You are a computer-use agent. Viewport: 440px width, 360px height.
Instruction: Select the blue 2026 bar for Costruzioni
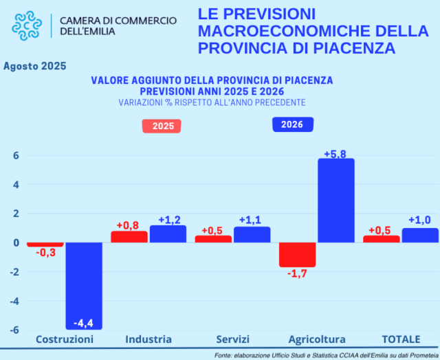pos(84,285)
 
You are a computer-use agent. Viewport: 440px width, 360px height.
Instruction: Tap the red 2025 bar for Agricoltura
pos(297,254)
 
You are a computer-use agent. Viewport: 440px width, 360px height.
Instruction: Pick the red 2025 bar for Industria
pos(129,237)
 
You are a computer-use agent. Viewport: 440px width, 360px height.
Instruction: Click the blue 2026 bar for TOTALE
pos(419,236)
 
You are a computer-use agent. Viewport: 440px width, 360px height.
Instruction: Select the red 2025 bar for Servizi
pos(213,239)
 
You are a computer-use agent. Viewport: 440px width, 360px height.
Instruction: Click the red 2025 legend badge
pos(163,126)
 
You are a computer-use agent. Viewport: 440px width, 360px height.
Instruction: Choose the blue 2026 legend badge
pos(292,124)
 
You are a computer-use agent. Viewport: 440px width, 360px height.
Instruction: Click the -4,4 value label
pos(84,322)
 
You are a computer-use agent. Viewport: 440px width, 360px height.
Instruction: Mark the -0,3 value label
pos(45,254)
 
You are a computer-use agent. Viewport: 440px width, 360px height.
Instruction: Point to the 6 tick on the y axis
pos(14,156)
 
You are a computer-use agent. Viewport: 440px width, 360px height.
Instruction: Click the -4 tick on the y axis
pos(12,301)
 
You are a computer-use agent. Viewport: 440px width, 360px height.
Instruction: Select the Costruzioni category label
pos(64,339)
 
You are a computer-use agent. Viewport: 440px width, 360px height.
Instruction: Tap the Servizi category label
pos(232,339)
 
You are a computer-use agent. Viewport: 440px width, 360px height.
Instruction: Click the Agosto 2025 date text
pos(34,67)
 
